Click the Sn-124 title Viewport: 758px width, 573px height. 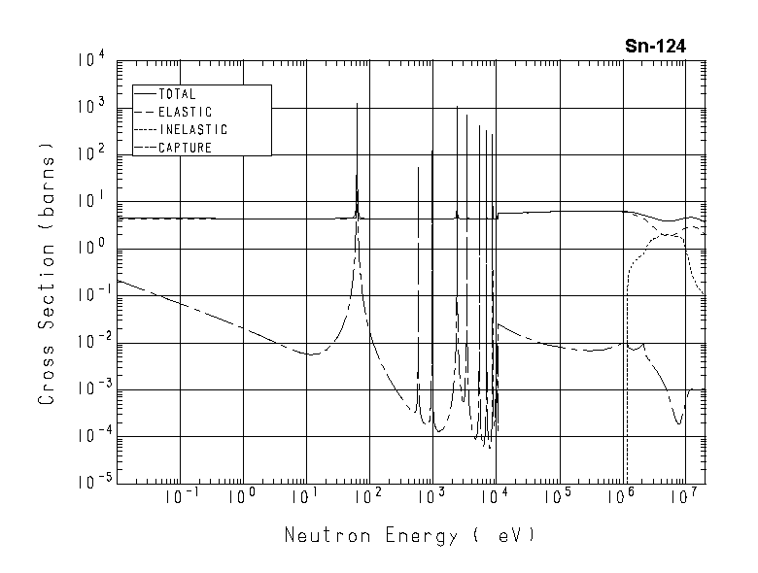(656, 46)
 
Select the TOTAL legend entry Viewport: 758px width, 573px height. (176, 95)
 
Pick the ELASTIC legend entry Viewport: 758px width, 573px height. (184, 113)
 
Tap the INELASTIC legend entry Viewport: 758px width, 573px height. (191, 130)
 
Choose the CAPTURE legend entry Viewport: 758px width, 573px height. (184, 148)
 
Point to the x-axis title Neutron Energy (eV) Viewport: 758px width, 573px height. (409, 535)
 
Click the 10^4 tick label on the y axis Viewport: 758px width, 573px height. (88, 60)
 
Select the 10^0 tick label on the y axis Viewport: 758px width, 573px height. (88, 248)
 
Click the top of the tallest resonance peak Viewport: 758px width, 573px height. (357, 103)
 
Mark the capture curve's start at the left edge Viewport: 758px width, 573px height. (118, 281)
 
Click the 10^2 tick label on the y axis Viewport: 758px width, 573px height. (88, 153)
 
